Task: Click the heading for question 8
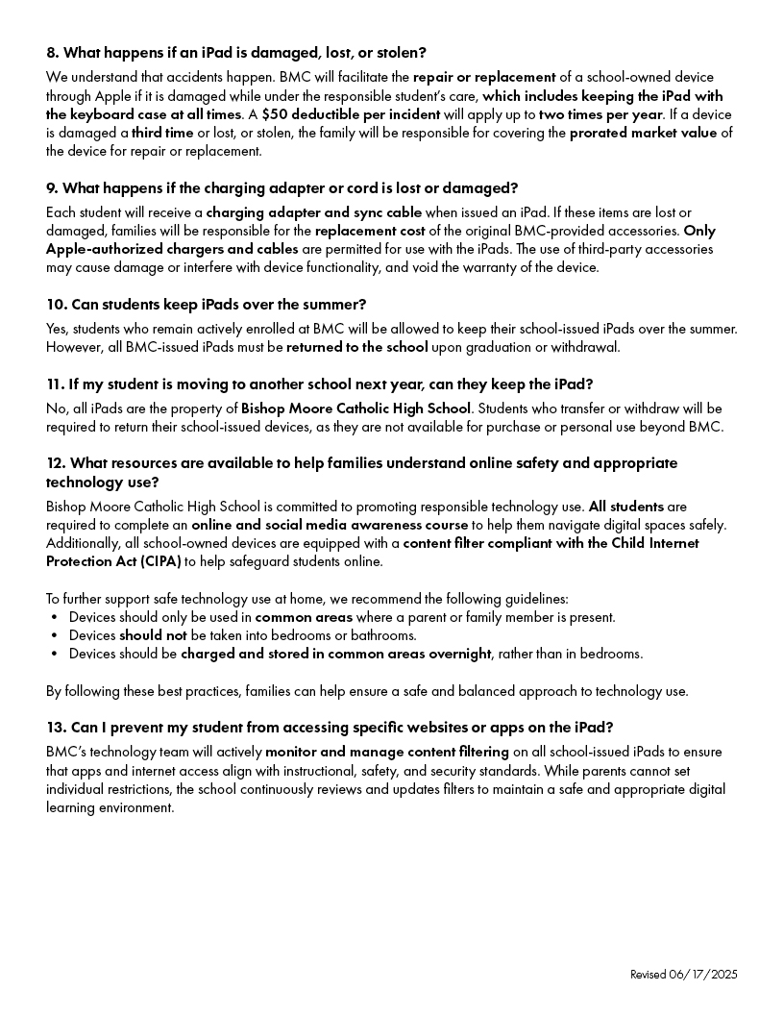(x=236, y=52)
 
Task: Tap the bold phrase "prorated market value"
(x=643, y=133)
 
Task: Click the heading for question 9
(x=282, y=187)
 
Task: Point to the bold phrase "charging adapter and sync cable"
(x=313, y=212)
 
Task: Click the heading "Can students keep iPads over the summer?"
(x=206, y=305)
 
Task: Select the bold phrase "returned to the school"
(x=356, y=347)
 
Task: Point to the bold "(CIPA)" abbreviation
(x=148, y=561)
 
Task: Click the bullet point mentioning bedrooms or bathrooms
(x=242, y=635)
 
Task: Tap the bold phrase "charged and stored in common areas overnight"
(x=335, y=654)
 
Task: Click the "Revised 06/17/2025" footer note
(x=683, y=975)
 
